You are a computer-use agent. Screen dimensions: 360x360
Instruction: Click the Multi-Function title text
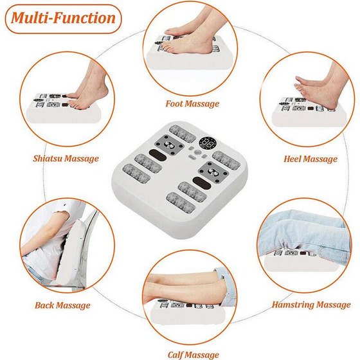point(63,18)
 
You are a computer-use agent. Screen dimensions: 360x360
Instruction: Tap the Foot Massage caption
point(192,104)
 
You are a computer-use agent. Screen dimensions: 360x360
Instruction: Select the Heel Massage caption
point(310,159)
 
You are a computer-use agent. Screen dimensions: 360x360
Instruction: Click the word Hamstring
point(293,305)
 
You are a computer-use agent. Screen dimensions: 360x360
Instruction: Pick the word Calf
point(175,355)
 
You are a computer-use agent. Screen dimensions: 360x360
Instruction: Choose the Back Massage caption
point(62,305)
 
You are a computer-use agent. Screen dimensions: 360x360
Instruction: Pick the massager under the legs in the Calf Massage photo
point(188,312)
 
